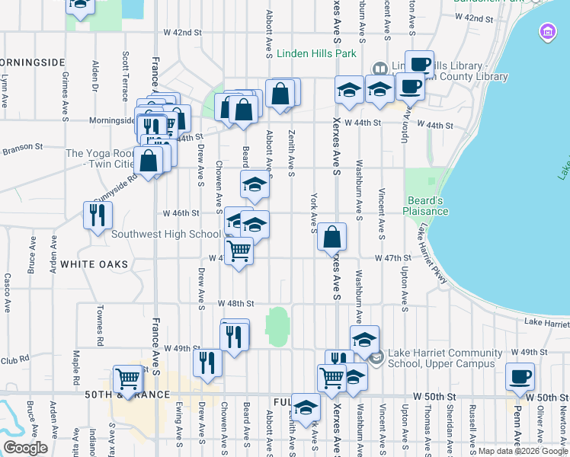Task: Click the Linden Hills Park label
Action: pyautogui.click(x=316, y=54)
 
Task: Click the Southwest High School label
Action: pyautogui.click(x=166, y=234)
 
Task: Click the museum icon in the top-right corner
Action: pyautogui.click(x=548, y=32)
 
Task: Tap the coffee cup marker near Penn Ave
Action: pyautogui.click(x=520, y=376)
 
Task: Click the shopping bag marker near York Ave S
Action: pyautogui.click(x=331, y=236)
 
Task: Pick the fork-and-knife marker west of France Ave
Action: pyautogui.click(x=98, y=214)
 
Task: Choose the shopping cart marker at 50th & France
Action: pyautogui.click(x=127, y=379)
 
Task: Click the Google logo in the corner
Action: pyautogui.click(x=26, y=448)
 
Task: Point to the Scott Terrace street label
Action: pyautogui.click(x=125, y=76)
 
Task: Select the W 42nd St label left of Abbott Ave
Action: pyautogui.click(x=183, y=33)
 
